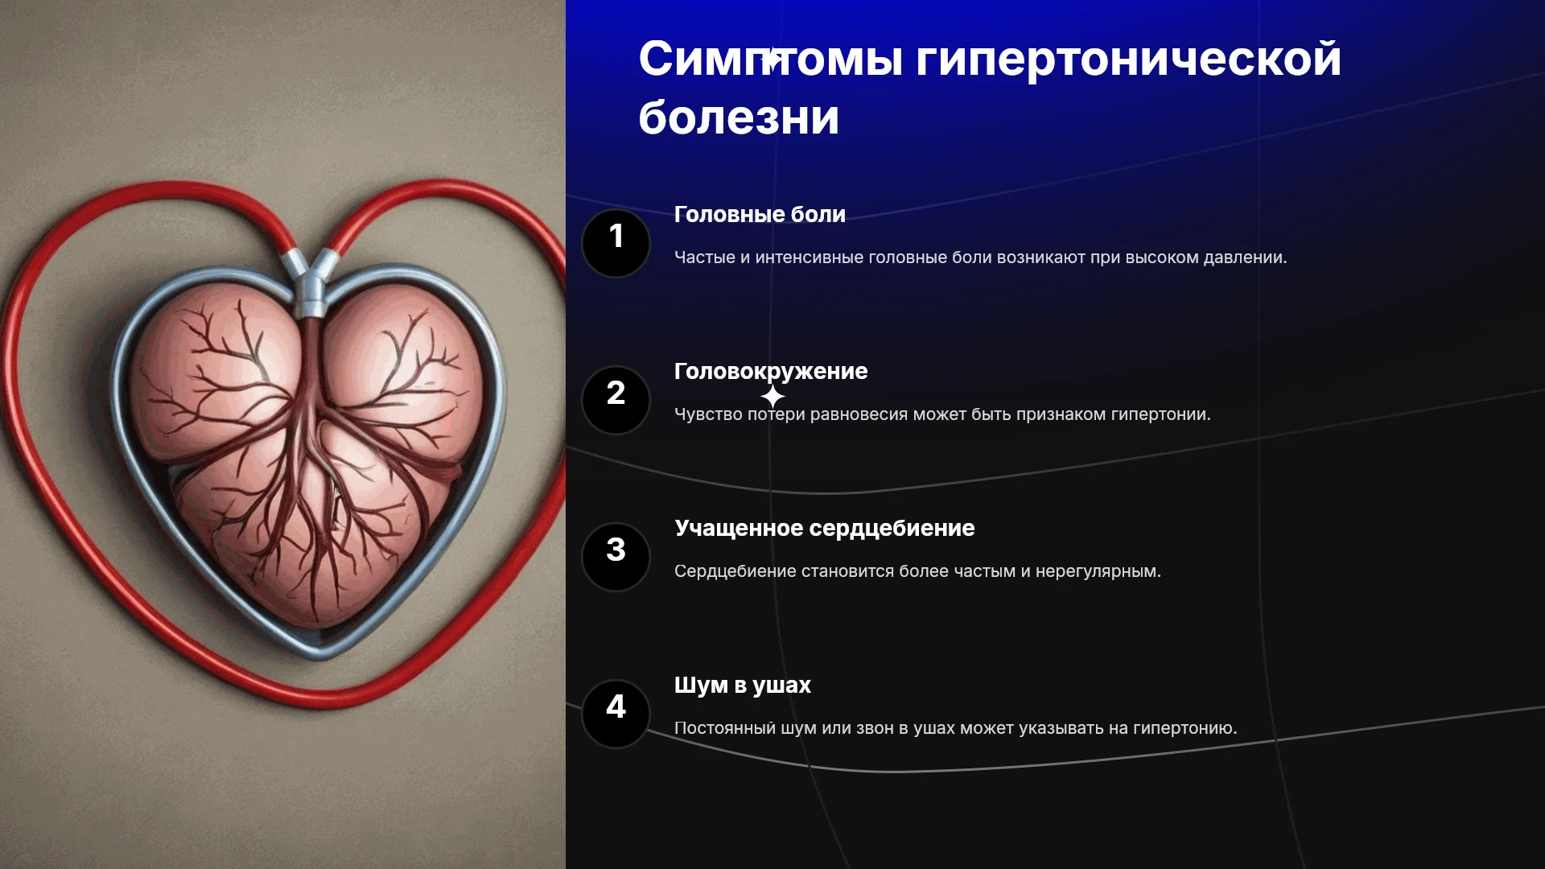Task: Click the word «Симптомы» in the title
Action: (771, 59)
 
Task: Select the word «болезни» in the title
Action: (739, 117)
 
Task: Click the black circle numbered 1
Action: (616, 243)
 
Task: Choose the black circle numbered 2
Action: (616, 400)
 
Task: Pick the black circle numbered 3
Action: (616, 557)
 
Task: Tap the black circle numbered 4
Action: (616, 714)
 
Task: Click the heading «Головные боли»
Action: (760, 215)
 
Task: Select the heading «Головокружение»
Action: (771, 372)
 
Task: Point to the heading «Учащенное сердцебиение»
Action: (825, 529)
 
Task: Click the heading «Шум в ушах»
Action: (743, 686)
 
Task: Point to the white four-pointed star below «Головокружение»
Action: (772, 396)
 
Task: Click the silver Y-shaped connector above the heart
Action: (311, 282)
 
